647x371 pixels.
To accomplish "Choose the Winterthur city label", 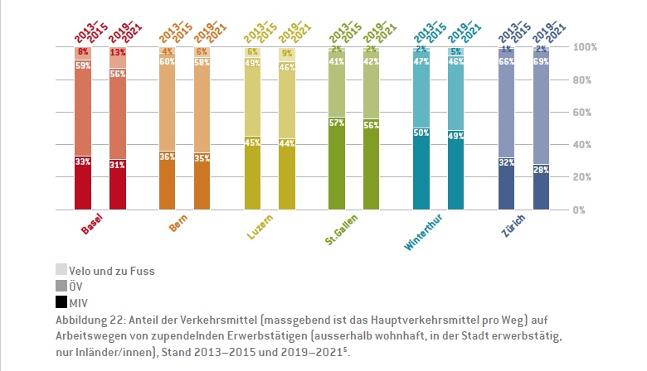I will pos(422,233).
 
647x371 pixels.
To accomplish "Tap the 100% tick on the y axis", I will pos(585,47).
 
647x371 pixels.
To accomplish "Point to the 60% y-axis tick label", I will pos(586,112).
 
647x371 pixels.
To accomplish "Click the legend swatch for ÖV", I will pos(61,285).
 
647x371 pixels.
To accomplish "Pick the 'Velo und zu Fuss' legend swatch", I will pos(61,270).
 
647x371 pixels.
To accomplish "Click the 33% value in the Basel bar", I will pos(83,161).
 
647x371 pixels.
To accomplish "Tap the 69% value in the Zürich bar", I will pos(541,61).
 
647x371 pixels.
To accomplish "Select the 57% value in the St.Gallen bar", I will pos(337,123).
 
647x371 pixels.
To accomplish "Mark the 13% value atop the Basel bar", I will pos(118,52).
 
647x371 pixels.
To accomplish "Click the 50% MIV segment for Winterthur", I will pos(421,169).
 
